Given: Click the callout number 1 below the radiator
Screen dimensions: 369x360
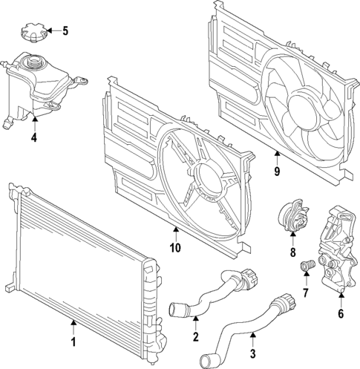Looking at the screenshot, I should click(73, 343).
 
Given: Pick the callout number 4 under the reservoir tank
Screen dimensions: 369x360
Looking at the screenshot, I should click(33, 137).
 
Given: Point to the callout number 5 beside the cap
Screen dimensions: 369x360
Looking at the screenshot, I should click(65, 31).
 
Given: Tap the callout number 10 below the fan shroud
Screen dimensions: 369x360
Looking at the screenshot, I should click(176, 249).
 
